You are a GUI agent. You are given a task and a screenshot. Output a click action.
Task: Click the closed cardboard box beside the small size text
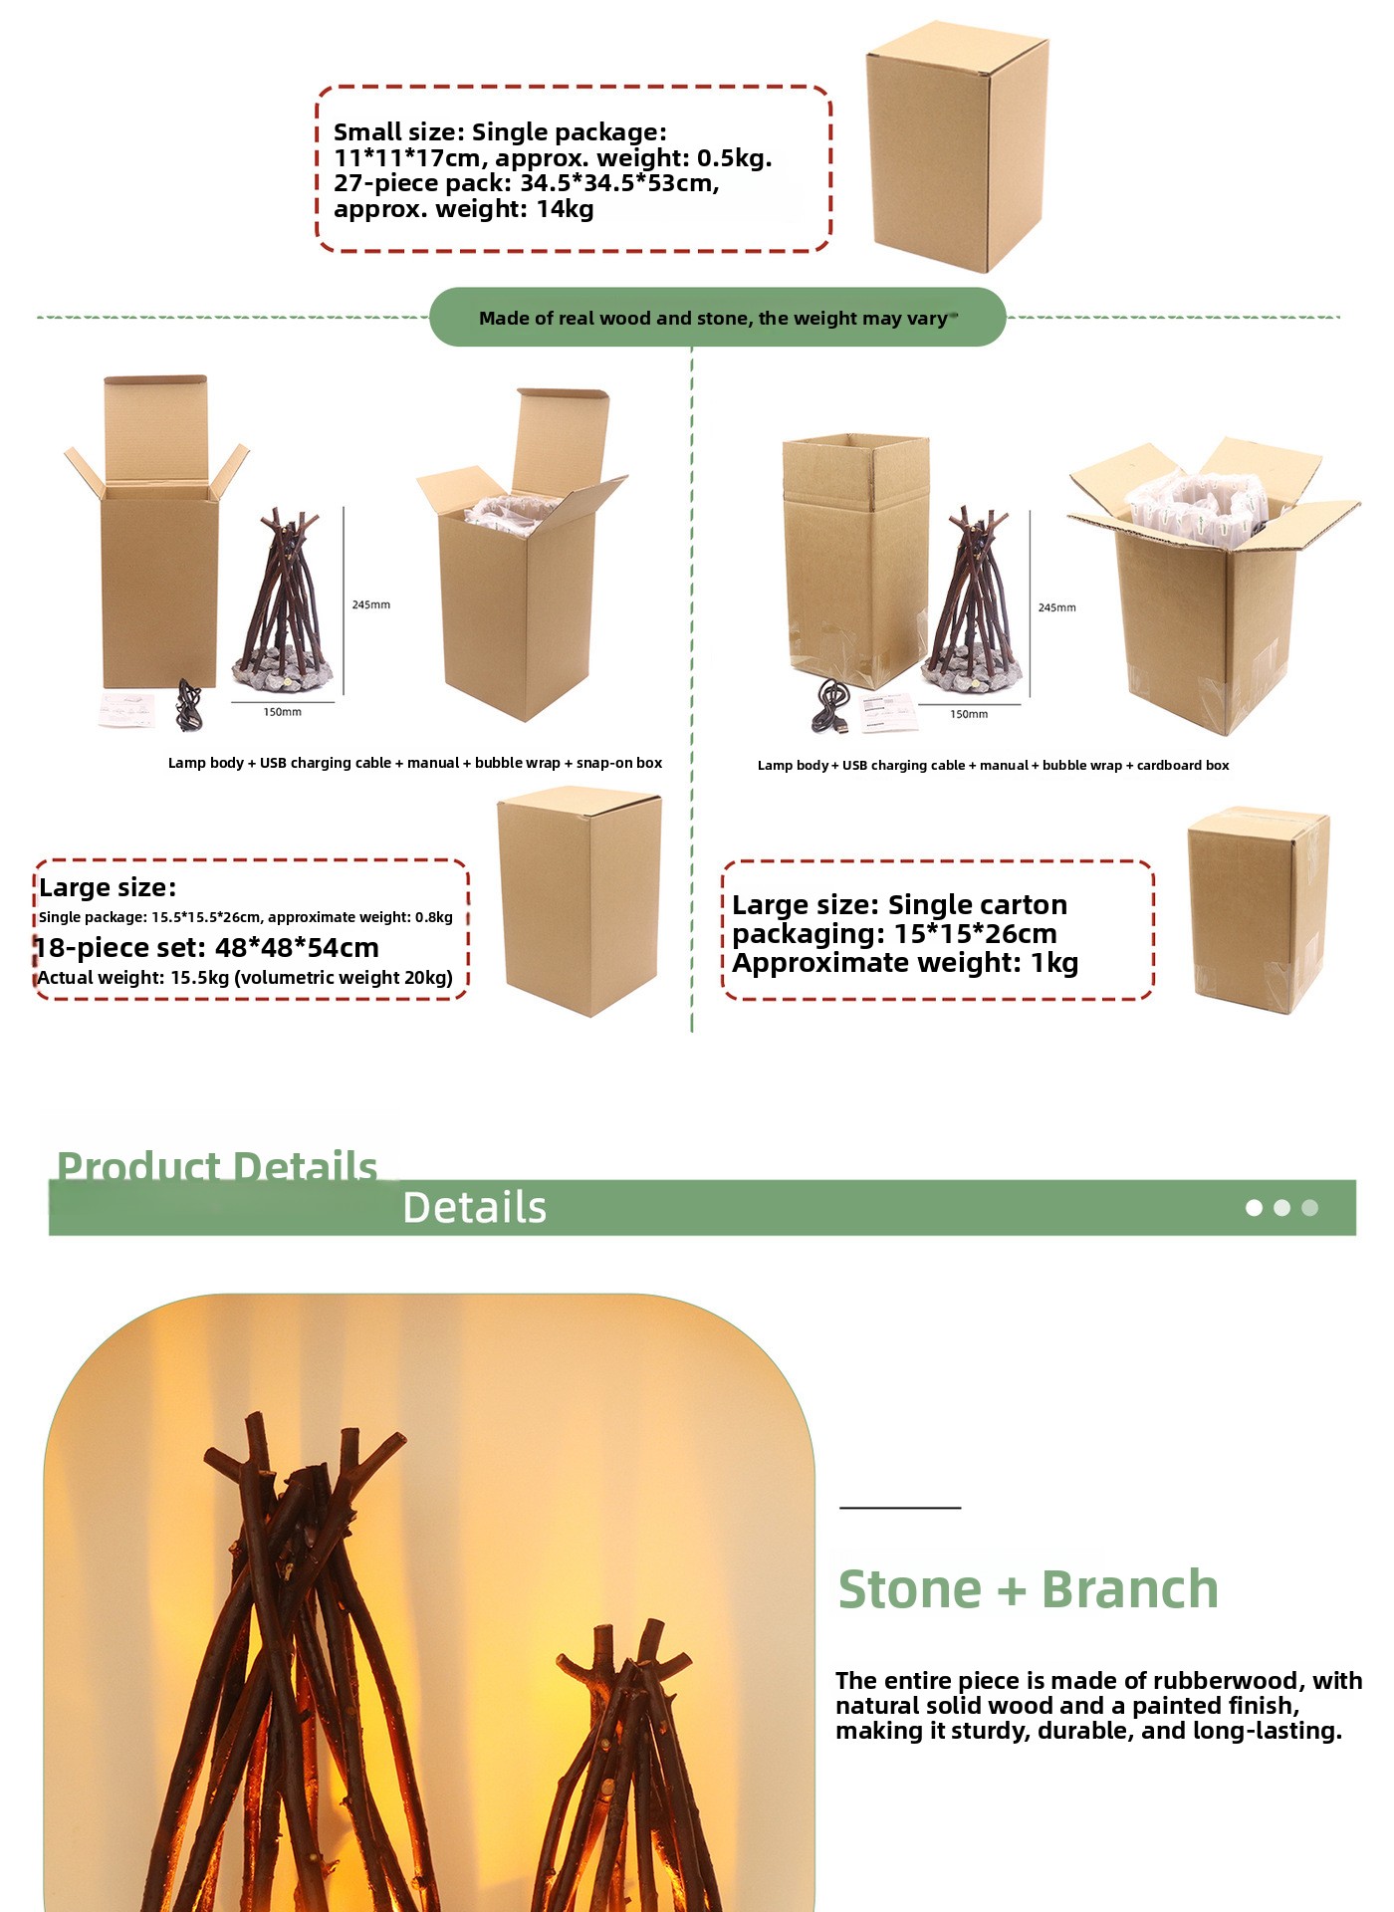click(957, 146)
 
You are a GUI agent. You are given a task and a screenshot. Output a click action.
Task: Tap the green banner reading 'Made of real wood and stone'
click(717, 318)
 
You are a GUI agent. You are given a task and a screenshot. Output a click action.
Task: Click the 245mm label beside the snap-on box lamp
click(371, 604)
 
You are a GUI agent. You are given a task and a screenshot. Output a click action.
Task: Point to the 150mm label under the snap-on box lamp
click(283, 712)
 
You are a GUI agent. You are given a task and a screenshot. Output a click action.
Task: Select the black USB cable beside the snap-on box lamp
click(188, 704)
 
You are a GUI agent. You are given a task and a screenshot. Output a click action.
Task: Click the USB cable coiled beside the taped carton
click(831, 708)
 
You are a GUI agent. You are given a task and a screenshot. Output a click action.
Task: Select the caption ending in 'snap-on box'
click(415, 763)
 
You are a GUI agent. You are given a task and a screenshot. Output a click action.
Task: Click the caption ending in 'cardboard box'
click(994, 765)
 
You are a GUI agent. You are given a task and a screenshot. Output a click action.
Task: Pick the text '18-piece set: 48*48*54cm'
click(207, 947)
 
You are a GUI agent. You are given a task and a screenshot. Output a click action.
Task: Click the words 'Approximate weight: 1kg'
click(905, 963)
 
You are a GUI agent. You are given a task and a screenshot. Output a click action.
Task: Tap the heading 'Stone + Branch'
click(1029, 1588)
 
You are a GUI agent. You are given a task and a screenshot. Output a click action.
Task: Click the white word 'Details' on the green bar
click(475, 1207)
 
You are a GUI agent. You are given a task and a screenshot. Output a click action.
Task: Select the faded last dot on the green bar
click(1310, 1208)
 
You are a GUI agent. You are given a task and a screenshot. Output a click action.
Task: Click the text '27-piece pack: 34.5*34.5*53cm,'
click(527, 183)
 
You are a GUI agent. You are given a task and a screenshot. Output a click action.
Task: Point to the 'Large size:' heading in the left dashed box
click(108, 887)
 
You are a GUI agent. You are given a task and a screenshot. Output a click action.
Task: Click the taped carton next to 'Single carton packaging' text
click(1260, 910)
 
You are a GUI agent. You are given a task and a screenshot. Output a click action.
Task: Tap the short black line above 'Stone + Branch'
click(900, 1508)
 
